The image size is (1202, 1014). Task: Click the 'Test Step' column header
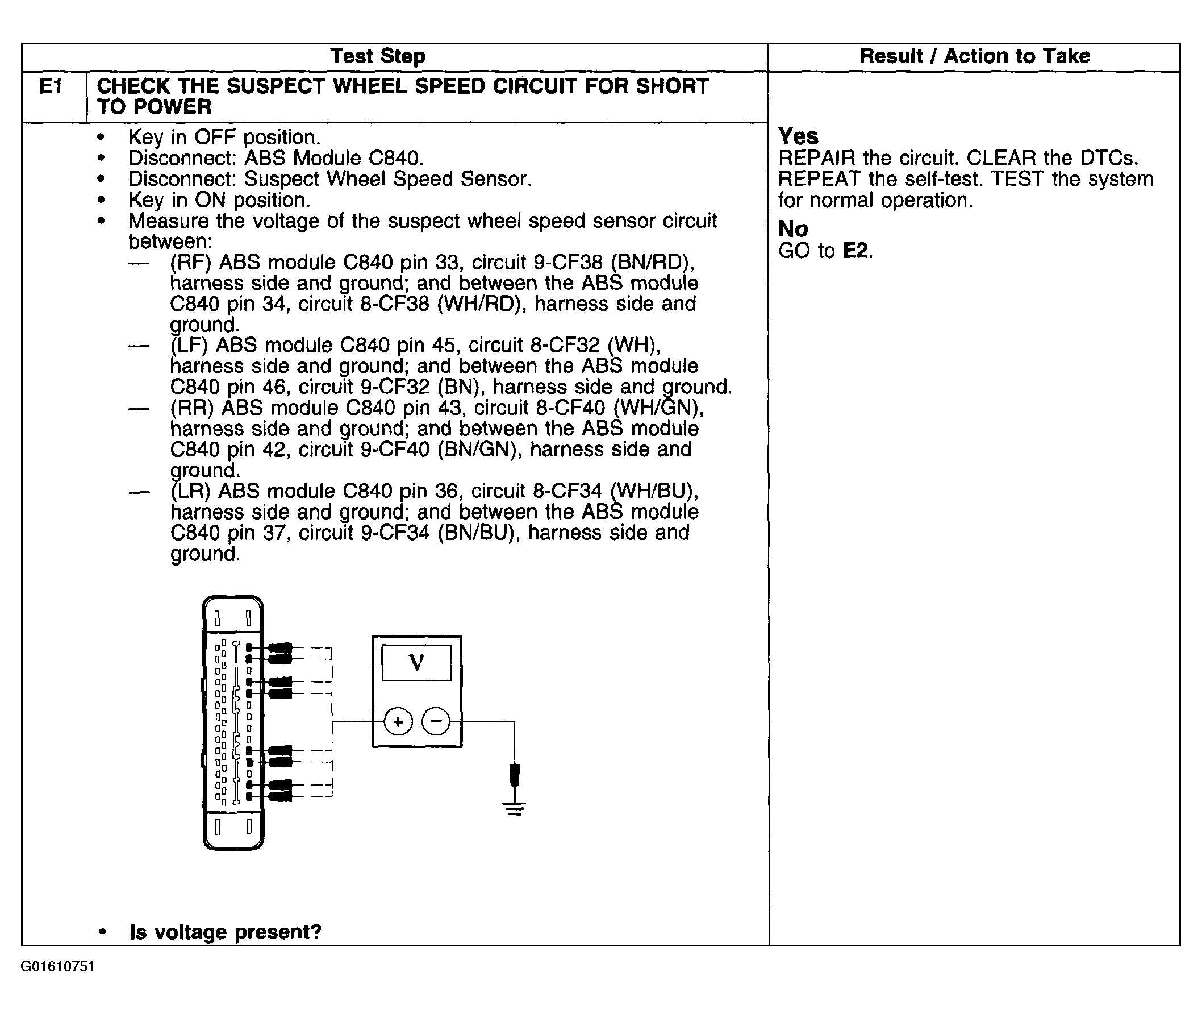tap(378, 56)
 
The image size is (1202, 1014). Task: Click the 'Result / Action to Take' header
tap(974, 56)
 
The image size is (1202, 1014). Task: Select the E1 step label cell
tap(51, 88)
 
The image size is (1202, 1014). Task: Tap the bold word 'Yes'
tap(798, 137)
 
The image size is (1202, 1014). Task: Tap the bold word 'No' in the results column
tap(793, 230)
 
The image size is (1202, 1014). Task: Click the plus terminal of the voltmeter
tap(398, 721)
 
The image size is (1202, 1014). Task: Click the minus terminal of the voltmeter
tap(437, 721)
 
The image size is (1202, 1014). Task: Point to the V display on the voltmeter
tap(416, 663)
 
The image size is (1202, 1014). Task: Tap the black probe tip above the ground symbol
tap(515, 775)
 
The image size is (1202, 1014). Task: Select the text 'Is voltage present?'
tap(225, 932)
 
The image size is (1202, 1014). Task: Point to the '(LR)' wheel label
tap(191, 492)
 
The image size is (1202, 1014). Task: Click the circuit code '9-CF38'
tap(567, 263)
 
